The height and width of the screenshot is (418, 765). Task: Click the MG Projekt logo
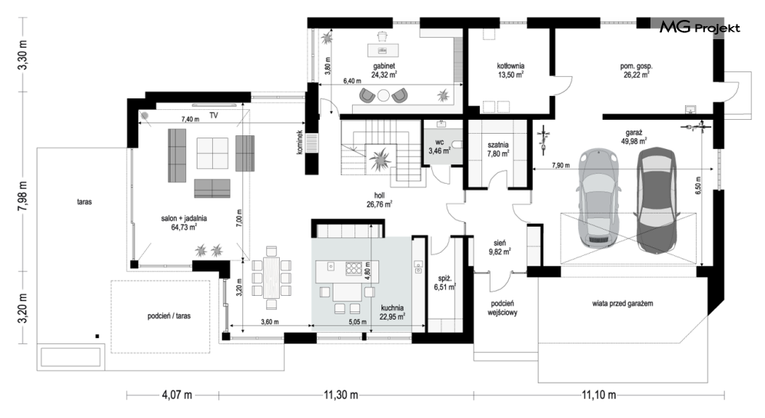click(x=700, y=28)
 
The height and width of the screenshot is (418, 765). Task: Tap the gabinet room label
click(x=384, y=66)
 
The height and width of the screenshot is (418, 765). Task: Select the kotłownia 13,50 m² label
click(x=511, y=70)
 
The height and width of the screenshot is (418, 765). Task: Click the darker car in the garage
click(x=657, y=200)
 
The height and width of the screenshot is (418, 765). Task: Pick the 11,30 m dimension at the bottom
click(x=341, y=395)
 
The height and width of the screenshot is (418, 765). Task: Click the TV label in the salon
click(x=214, y=116)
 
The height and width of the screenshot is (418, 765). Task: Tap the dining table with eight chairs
click(x=271, y=278)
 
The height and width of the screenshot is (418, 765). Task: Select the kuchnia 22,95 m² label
click(x=392, y=312)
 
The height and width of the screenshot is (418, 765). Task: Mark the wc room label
click(x=440, y=142)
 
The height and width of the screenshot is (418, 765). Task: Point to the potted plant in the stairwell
click(x=379, y=158)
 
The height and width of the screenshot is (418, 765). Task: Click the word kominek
click(x=301, y=142)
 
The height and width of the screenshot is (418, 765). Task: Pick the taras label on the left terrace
click(x=85, y=201)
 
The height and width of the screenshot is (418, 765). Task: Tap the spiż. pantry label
click(x=444, y=278)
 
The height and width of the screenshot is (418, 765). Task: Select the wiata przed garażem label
click(x=623, y=304)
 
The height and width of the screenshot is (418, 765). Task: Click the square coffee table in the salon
click(x=212, y=153)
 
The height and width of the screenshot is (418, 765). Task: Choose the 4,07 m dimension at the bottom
click(x=177, y=395)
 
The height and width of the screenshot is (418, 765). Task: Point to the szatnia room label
click(x=498, y=145)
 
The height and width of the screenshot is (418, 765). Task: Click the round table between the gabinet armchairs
click(x=384, y=95)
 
